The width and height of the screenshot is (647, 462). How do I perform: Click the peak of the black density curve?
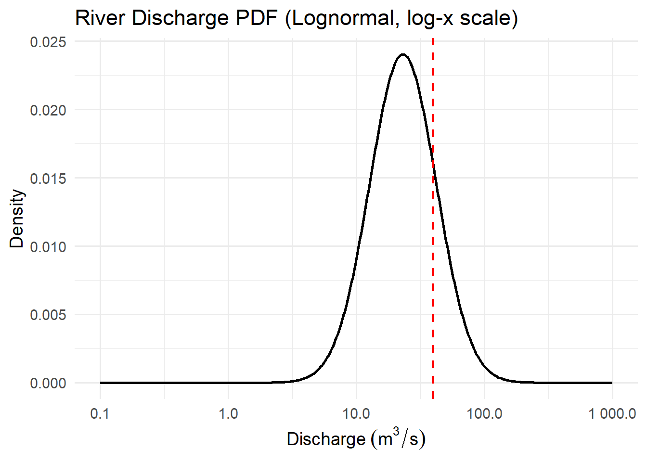pos(403,54)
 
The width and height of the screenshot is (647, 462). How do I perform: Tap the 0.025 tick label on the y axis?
pos(48,42)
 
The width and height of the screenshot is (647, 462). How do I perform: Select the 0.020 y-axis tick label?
pos(48,110)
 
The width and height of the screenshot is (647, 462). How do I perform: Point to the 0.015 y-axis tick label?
pos(48,179)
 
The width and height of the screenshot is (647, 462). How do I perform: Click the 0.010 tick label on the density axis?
pos(48,247)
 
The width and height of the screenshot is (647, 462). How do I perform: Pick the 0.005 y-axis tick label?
pos(48,315)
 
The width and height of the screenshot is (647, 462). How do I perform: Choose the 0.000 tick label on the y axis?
pos(48,384)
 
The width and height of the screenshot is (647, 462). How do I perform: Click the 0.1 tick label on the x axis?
pos(100,413)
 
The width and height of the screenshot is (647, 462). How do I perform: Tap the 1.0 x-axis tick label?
pos(228,413)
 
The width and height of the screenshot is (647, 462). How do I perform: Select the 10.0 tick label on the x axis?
pos(356,413)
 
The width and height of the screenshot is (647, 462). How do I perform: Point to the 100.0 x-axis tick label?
pos(484,413)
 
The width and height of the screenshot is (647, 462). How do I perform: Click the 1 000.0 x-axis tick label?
pos(612,413)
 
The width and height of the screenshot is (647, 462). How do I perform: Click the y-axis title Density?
pos(17,218)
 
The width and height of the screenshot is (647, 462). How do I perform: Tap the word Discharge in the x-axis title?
pos(326,439)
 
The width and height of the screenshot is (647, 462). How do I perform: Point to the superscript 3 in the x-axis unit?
pos(396,431)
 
